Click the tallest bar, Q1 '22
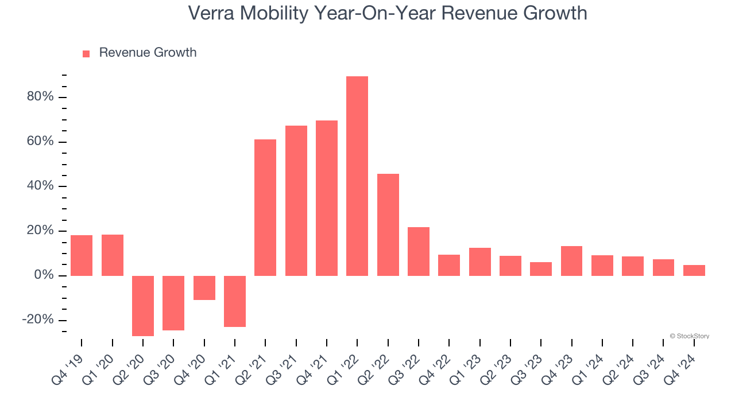point(357,176)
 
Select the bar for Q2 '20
point(143,306)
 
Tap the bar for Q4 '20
point(204,288)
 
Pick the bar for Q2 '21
point(265,208)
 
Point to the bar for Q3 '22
point(419,251)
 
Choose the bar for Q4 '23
point(572,261)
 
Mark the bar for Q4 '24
point(694,270)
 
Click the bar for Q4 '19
point(82,255)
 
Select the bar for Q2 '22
point(388,225)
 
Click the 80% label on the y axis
point(40,97)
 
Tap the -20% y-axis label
point(38,320)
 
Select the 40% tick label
point(40,186)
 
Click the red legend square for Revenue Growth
point(86,54)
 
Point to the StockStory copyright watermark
point(690,336)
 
